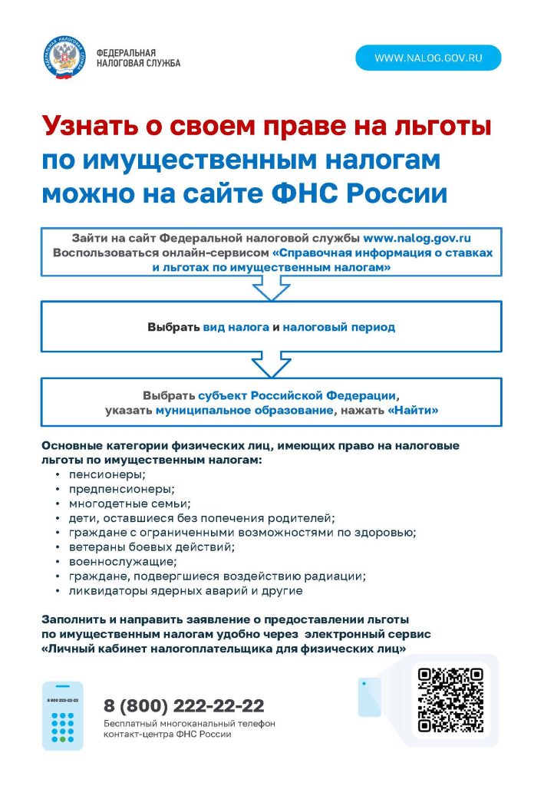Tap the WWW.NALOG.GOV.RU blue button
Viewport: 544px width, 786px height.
[427, 58]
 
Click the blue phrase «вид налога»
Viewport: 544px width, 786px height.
[236, 327]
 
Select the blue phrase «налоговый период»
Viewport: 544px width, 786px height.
[338, 327]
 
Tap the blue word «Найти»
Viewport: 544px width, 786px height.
[414, 411]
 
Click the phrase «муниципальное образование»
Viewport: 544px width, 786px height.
[244, 411]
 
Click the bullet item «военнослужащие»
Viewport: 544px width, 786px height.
[112, 562]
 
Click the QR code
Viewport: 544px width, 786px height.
[450, 699]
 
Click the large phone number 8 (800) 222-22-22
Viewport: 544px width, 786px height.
[184, 705]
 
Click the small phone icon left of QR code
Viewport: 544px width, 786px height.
[369, 696]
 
